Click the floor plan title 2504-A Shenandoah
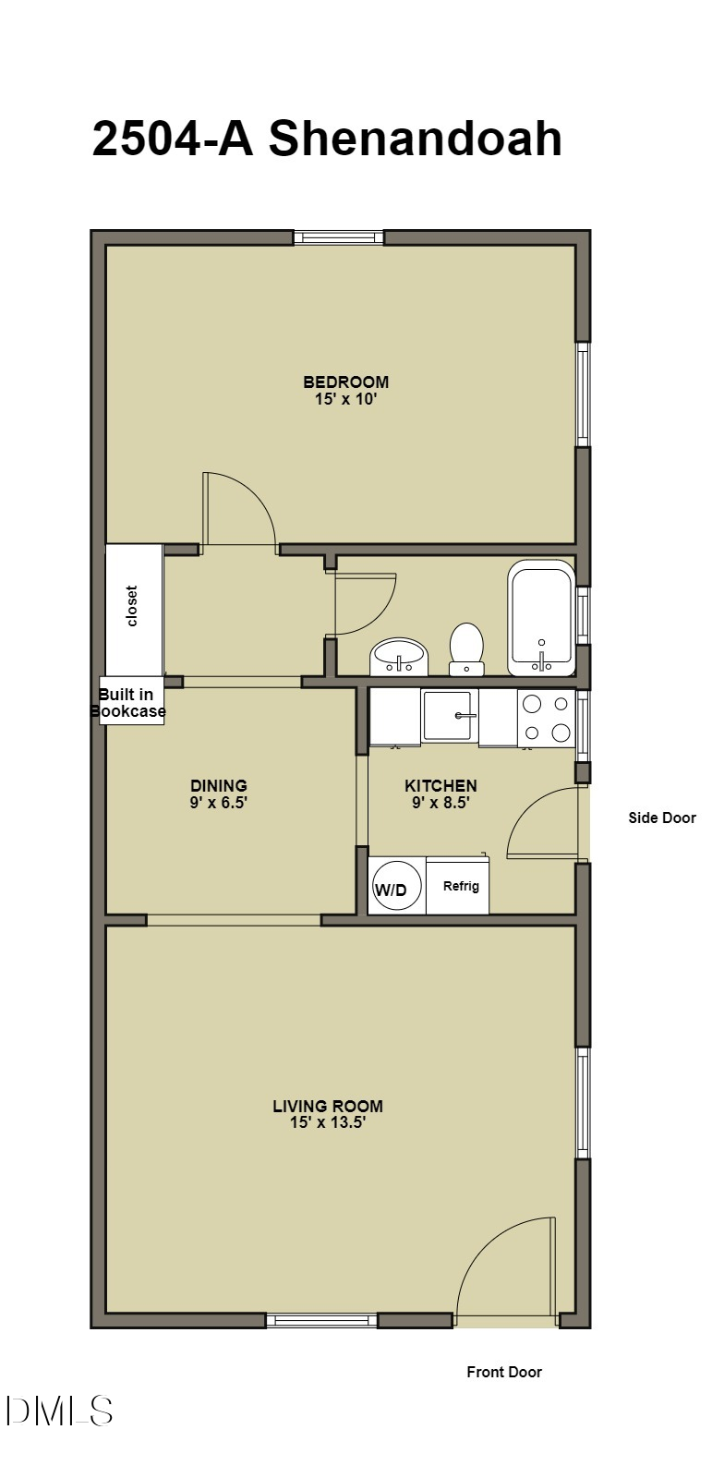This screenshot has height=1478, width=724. pyautogui.click(x=327, y=139)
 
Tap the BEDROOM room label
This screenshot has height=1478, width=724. pyautogui.click(x=346, y=382)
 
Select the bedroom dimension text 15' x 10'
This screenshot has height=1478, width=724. pyautogui.click(x=346, y=399)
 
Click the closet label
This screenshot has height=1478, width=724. pyautogui.click(x=132, y=606)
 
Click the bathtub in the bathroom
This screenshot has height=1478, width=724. pyautogui.click(x=541, y=618)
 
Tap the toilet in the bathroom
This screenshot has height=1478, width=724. pyautogui.click(x=466, y=648)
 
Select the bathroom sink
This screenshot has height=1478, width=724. pyautogui.click(x=399, y=657)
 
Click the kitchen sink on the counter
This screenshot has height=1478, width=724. pyautogui.click(x=450, y=716)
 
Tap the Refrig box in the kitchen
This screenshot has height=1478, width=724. pyautogui.click(x=460, y=886)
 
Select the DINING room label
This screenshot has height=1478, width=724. pyautogui.click(x=219, y=786)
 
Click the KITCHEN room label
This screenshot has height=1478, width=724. pyautogui.click(x=440, y=786)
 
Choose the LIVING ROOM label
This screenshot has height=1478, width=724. pyautogui.click(x=328, y=1106)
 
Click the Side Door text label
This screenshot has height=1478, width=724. pyautogui.click(x=662, y=818)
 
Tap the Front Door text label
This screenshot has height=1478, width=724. pyautogui.click(x=504, y=1372)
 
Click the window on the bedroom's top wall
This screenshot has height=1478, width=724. pyautogui.click(x=338, y=237)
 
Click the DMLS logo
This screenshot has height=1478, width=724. pyautogui.click(x=59, y=1411)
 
